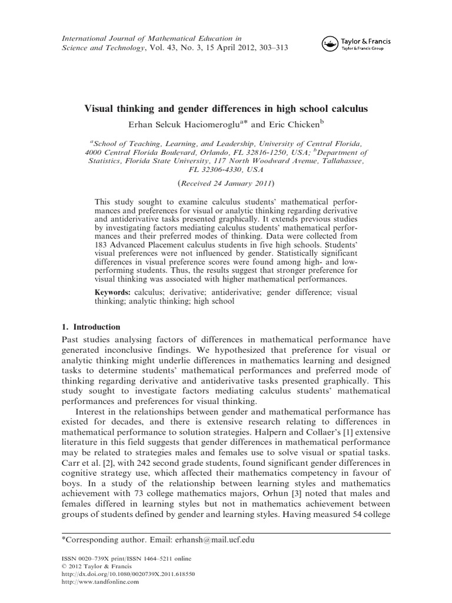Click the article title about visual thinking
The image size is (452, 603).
pyautogui.click(x=227, y=110)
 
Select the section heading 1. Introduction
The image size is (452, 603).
pyautogui.click(x=91, y=327)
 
